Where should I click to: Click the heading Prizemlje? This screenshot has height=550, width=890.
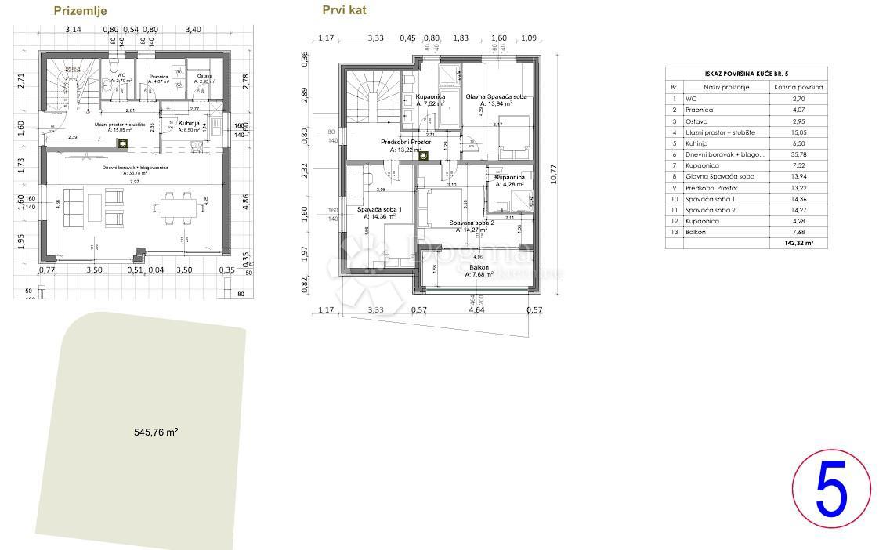(80, 11)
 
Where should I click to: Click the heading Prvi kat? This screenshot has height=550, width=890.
(344, 10)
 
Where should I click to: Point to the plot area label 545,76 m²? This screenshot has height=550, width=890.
(156, 432)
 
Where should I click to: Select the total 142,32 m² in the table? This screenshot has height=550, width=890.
(798, 244)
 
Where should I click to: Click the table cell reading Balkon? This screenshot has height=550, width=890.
(695, 233)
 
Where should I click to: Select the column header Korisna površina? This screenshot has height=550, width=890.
(798, 87)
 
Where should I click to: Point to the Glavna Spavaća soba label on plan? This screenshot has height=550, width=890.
(497, 96)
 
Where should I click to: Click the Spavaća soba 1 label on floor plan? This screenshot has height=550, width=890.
(379, 210)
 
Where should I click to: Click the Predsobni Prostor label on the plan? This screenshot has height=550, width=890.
(406, 142)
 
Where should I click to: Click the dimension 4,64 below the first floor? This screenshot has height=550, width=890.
(476, 310)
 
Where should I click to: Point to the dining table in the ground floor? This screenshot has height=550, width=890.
(175, 208)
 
